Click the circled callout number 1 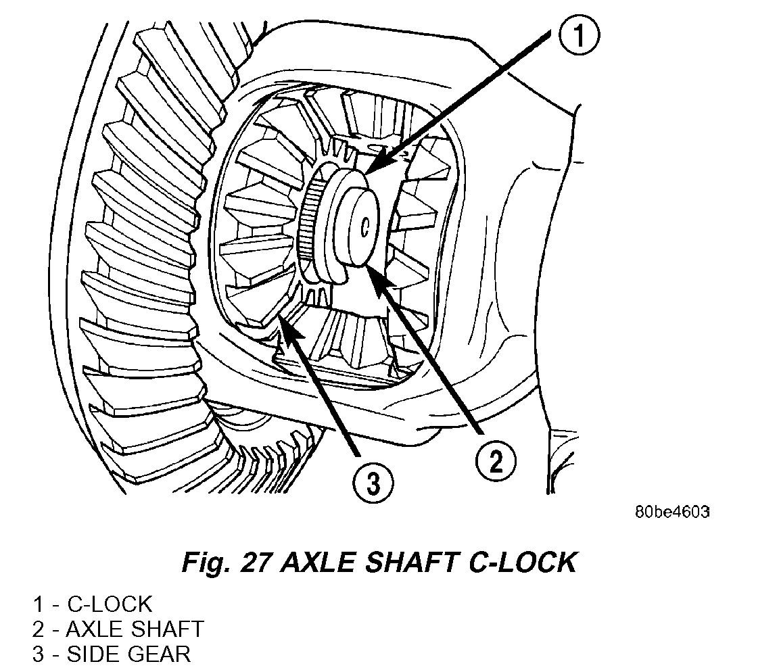[579, 38]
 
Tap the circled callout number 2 [495, 462]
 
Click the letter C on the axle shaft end [364, 228]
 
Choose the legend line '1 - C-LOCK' [92, 604]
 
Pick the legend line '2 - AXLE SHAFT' [117, 629]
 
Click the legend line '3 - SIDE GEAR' [111, 654]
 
